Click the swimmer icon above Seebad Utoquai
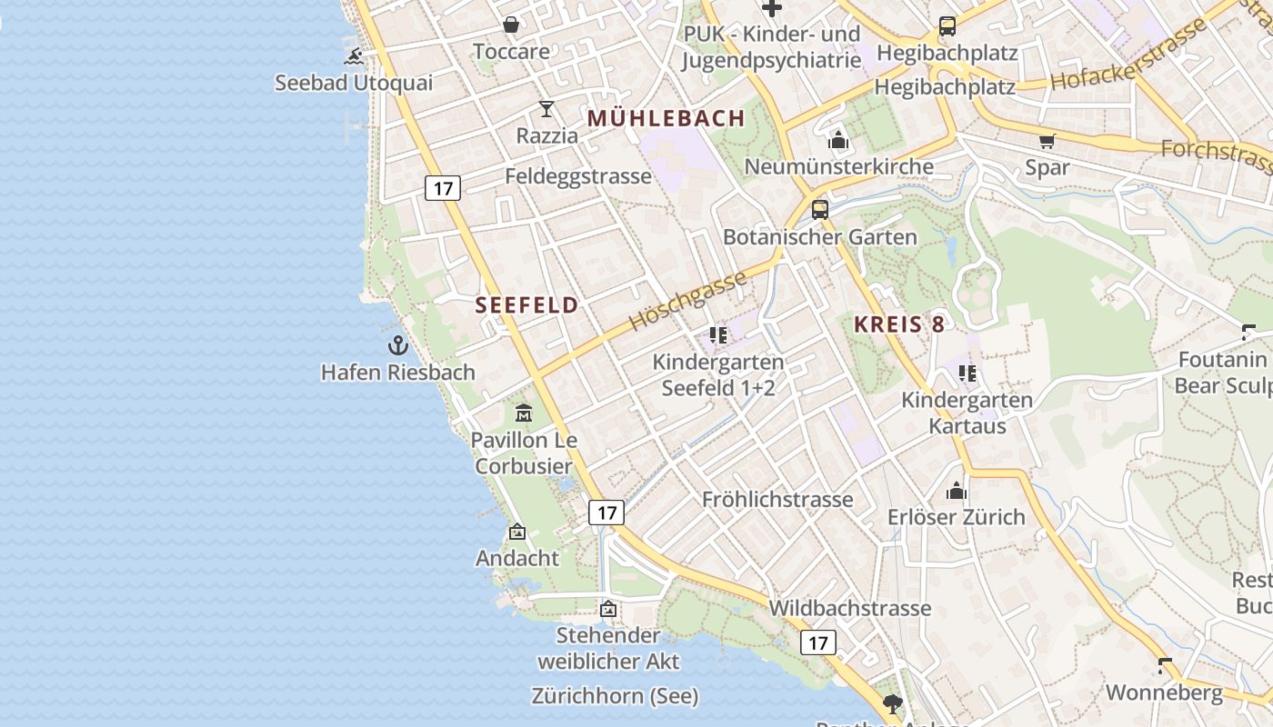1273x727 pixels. (354, 57)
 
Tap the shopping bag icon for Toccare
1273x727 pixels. (511, 25)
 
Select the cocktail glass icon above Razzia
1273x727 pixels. (546, 109)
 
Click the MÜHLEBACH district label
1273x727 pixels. (667, 118)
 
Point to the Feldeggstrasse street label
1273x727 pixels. (578, 175)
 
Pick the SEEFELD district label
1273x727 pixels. (527, 305)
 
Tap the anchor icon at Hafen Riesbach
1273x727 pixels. (397, 345)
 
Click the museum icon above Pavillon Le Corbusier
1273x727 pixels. (524, 413)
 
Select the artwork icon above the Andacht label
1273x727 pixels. (517, 532)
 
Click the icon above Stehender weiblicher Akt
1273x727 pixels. (607, 608)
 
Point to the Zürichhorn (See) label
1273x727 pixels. (615, 696)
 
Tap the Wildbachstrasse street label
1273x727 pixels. (850, 608)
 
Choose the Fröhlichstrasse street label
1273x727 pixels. (777, 499)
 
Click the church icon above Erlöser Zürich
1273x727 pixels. (957, 491)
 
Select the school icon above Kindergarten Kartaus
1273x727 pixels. (967, 373)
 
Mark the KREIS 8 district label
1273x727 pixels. (899, 324)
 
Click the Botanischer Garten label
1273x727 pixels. (820, 237)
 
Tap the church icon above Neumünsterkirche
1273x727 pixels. (838, 140)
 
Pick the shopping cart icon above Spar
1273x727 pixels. (1047, 141)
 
